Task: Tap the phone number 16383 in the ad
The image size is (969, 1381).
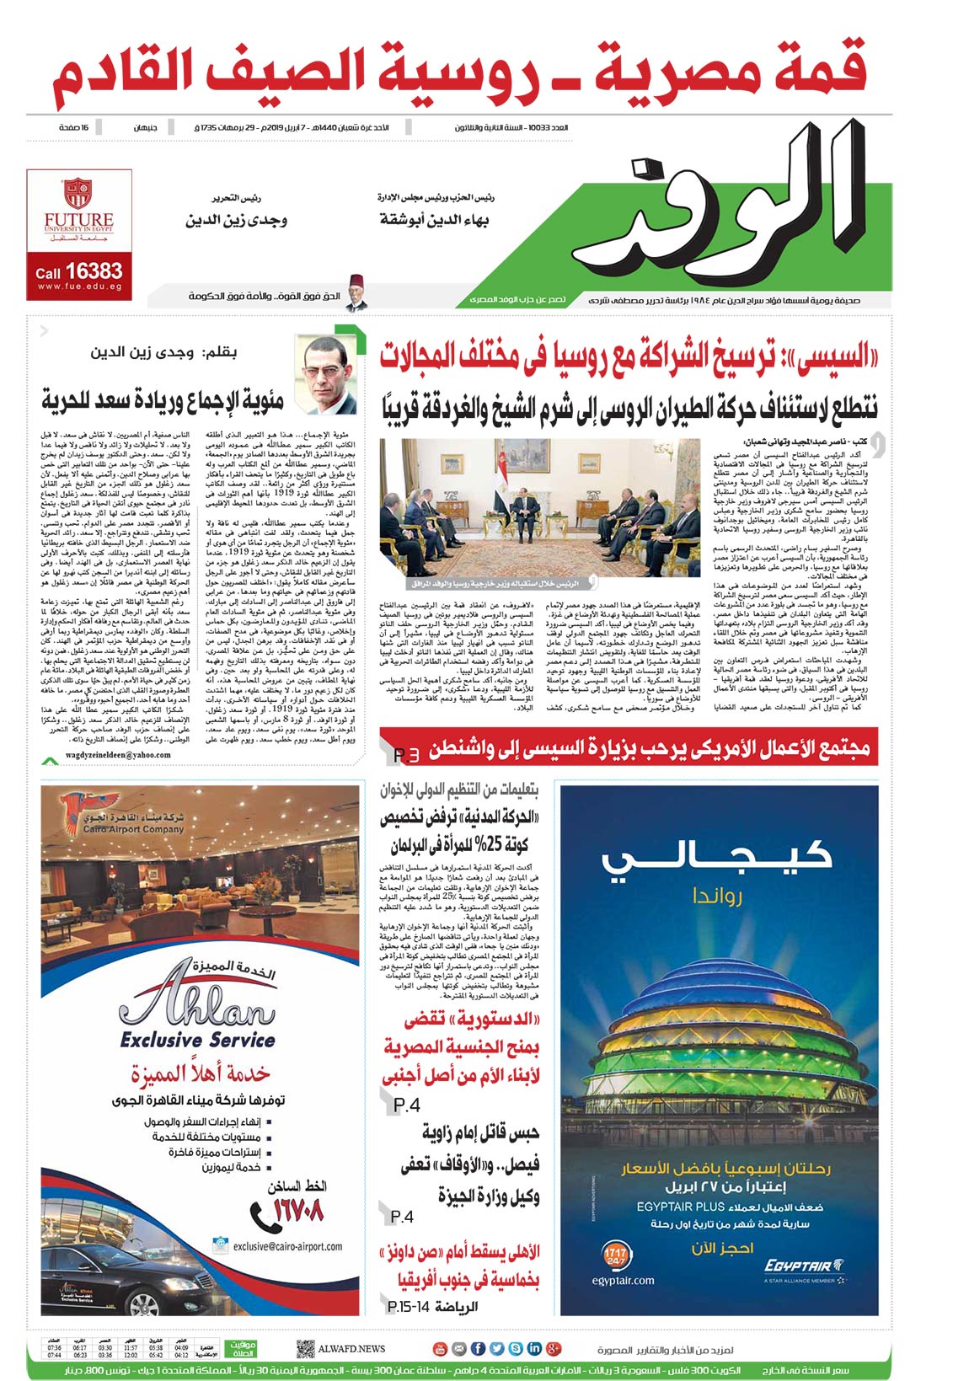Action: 93,271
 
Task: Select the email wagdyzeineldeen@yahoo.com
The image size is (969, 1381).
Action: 117,755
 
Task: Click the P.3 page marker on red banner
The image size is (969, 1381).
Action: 405,755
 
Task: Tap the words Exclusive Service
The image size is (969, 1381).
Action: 197,1040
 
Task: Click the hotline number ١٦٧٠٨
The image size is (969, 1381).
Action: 298,1211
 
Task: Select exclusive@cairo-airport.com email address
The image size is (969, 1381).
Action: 286,1246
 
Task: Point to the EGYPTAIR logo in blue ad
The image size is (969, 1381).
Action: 802,1265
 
